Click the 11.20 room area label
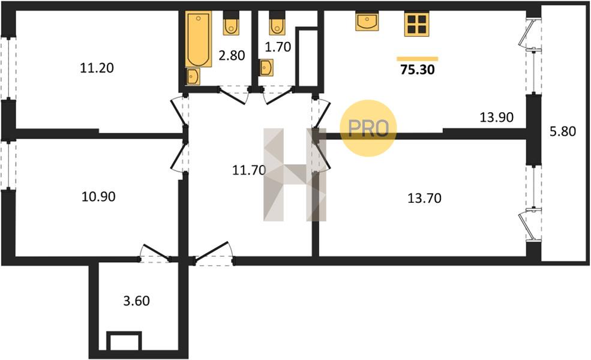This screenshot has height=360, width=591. (97, 68)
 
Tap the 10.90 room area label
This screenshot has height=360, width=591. (98, 196)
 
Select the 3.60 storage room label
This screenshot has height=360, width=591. (136, 301)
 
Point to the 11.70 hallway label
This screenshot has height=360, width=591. (249, 170)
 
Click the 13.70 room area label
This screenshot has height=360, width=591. (424, 198)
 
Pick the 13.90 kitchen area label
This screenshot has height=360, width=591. (496, 117)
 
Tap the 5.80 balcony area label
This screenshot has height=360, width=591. (563, 131)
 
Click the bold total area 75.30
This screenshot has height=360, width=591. (418, 70)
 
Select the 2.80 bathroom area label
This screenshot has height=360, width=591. (232, 55)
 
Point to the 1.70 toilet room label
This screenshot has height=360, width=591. (278, 47)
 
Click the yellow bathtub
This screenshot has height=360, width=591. (198, 39)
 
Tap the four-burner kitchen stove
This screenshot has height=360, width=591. (416, 24)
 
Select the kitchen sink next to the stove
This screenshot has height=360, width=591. (367, 21)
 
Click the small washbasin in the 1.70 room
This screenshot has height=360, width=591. (266, 67)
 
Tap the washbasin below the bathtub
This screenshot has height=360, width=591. (193, 77)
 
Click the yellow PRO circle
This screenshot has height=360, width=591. (368, 128)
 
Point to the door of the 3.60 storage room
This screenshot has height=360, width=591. (155, 253)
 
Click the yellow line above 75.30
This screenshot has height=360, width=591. (418, 59)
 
